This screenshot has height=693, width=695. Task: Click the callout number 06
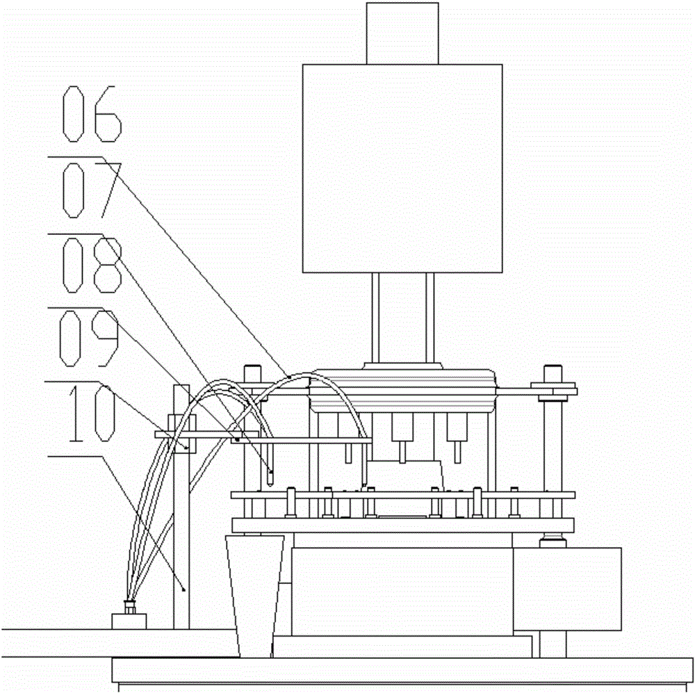(92, 114)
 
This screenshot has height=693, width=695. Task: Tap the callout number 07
(92, 190)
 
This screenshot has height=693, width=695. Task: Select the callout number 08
(91, 265)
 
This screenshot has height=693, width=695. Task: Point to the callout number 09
(90, 339)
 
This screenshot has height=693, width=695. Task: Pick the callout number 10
(91, 413)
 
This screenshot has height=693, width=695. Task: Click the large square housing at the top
(402, 168)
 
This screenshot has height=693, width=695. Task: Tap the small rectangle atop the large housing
(402, 33)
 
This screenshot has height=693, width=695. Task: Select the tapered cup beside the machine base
(254, 596)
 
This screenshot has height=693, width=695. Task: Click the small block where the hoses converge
(129, 621)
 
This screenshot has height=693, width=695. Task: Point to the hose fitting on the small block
(129, 607)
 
